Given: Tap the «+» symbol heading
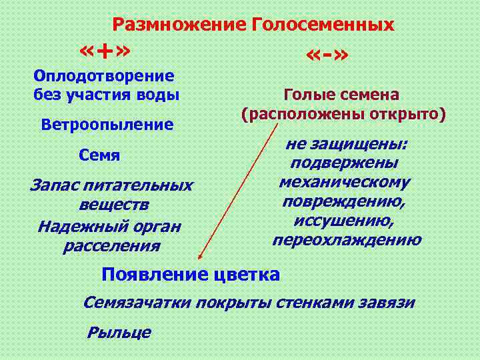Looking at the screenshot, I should [x=104, y=51].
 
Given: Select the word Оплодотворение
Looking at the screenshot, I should [x=103, y=77].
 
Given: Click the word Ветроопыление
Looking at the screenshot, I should [x=107, y=125].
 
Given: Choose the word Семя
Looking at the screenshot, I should [x=99, y=156].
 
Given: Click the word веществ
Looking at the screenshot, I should [x=114, y=203].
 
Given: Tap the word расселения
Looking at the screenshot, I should [x=111, y=246].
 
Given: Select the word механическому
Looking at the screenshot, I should [x=345, y=182].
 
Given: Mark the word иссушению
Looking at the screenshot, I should [x=344, y=221].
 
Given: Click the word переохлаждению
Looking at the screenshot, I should [x=347, y=240].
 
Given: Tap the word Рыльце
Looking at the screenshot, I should [x=119, y=332].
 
